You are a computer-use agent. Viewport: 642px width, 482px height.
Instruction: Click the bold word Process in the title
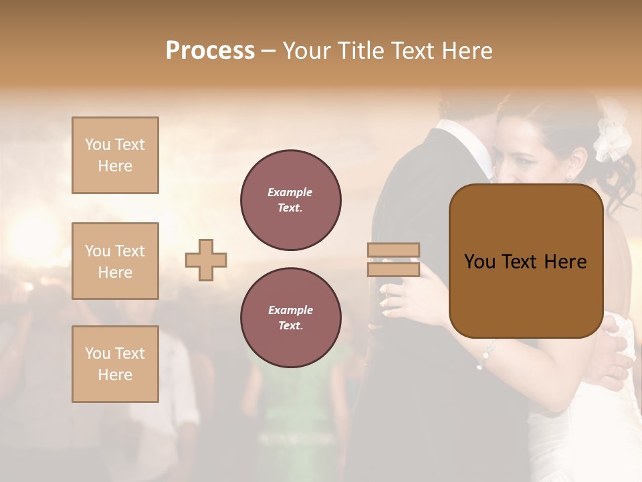click(210, 50)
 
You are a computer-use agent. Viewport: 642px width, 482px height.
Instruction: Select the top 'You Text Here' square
click(115, 155)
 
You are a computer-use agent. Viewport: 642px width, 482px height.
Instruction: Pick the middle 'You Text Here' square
click(115, 261)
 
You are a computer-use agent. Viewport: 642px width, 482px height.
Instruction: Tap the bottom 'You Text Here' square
click(115, 364)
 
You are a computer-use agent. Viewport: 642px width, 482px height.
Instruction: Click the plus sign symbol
click(206, 260)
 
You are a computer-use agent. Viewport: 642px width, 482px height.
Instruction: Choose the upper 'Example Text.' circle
click(291, 200)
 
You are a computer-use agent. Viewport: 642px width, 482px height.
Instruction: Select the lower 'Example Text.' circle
click(291, 318)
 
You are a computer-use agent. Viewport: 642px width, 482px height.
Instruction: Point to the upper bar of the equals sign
click(394, 250)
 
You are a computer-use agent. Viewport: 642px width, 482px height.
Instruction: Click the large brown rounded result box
click(526, 261)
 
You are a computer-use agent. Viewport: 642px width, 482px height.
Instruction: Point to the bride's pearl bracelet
click(485, 355)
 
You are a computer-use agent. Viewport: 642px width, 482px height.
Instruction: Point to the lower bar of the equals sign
click(394, 269)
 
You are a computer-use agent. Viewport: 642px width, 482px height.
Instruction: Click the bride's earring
click(569, 177)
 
